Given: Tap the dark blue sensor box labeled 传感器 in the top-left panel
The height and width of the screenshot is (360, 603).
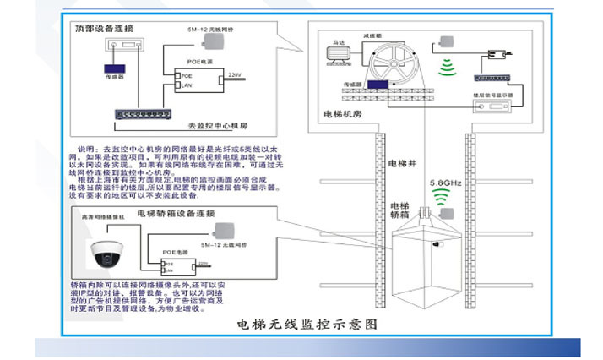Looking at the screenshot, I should [112, 69].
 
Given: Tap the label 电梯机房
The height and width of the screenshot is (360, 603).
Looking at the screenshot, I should [343, 114].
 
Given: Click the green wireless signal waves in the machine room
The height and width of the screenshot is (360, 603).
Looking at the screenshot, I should [444, 68].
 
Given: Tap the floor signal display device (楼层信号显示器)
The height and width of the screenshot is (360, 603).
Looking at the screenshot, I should [493, 96].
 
